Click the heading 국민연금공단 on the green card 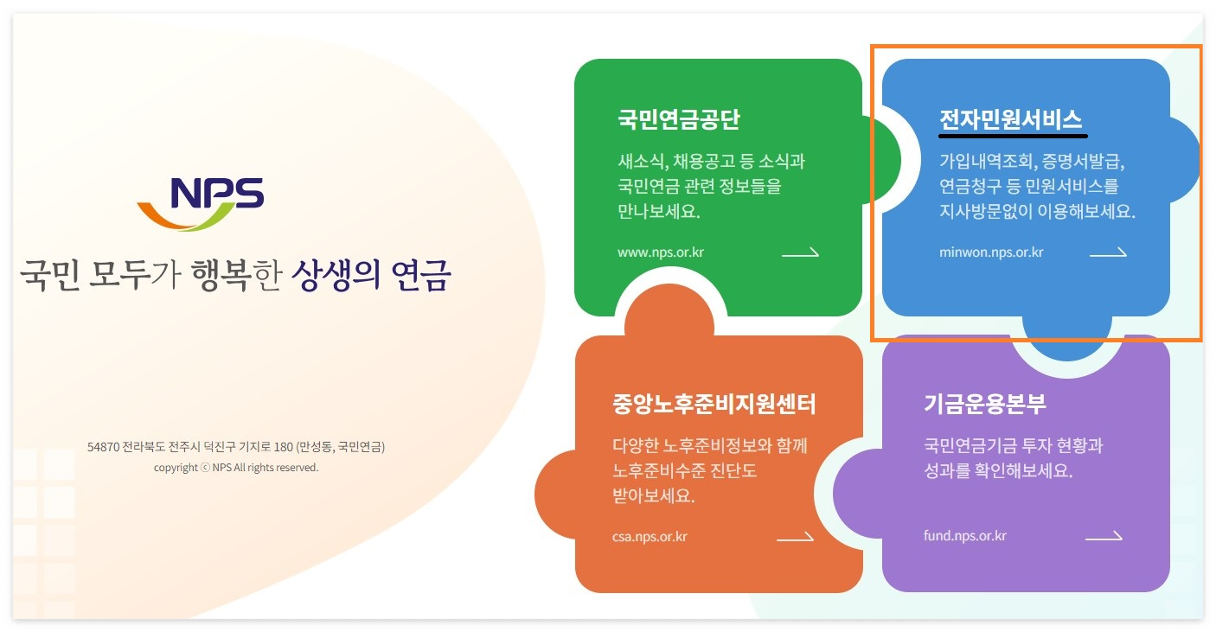pyautogui.click(x=678, y=119)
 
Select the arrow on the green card pyautogui.click(x=800, y=253)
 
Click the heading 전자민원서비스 pyautogui.click(x=1010, y=119)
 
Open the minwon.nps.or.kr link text pyautogui.click(x=991, y=253)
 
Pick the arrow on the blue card pyautogui.click(x=1108, y=253)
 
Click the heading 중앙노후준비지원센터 pyautogui.click(x=714, y=404)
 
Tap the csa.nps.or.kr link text pyautogui.click(x=649, y=537)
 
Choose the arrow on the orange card pyautogui.click(x=795, y=537)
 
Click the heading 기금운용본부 pyautogui.click(x=985, y=404)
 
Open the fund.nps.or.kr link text pyautogui.click(x=965, y=536)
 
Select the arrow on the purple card pyautogui.click(x=1104, y=536)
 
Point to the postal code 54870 pyautogui.click(x=103, y=448)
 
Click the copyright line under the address pyautogui.click(x=236, y=468)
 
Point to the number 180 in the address pyautogui.click(x=283, y=448)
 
